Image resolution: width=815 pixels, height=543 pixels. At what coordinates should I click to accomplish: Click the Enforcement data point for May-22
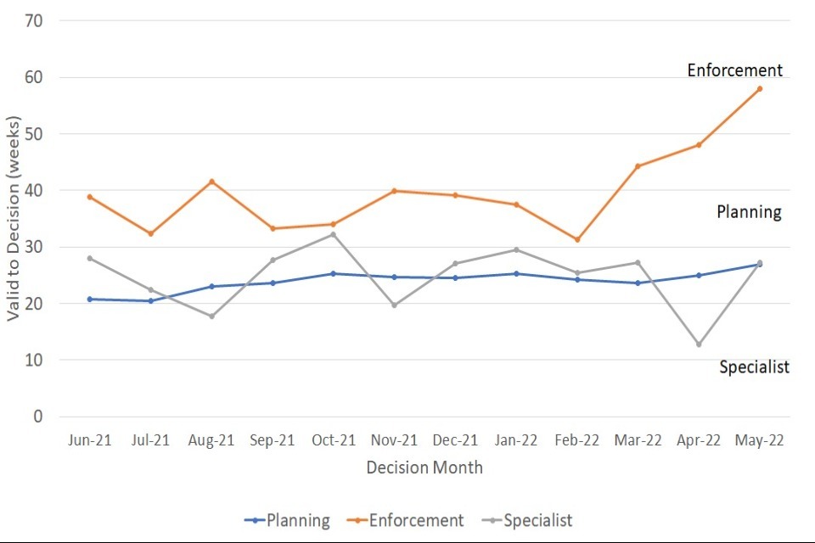tap(760, 88)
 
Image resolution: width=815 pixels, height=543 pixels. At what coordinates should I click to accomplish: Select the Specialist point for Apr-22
tap(699, 344)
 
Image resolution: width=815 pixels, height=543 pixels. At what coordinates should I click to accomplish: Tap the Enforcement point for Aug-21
tap(211, 182)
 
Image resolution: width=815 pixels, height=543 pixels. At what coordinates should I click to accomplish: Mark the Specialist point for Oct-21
tap(334, 234)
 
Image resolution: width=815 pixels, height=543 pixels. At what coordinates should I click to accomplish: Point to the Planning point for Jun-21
tap(90, 299)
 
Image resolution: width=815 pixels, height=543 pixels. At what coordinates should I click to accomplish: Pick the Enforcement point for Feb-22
tap(577, 240)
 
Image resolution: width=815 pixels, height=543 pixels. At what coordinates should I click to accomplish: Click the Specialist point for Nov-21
tap(394, 305)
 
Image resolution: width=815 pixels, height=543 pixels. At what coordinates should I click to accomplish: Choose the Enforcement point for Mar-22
tap(638, 166)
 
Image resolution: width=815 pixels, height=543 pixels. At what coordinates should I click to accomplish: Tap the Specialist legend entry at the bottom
tap(527, 520)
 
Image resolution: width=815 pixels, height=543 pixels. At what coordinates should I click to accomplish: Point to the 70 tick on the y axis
tap(35, 20)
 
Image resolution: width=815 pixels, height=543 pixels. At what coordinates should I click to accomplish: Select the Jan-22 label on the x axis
tap(516, 440)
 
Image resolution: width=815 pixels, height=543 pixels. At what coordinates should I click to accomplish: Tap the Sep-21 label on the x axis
tap(273, 440)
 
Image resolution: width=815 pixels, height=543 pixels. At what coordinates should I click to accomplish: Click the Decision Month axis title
tap(424, 467)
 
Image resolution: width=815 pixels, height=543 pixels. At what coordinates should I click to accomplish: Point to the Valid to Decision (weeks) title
tap(14, 218)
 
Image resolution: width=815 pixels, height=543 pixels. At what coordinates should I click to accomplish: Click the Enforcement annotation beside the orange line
tap(735, 70)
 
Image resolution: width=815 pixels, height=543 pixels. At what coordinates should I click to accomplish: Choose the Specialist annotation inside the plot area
tap(755, 367)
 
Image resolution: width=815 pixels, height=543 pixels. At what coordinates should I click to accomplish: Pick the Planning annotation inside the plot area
tap(749, 212)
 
